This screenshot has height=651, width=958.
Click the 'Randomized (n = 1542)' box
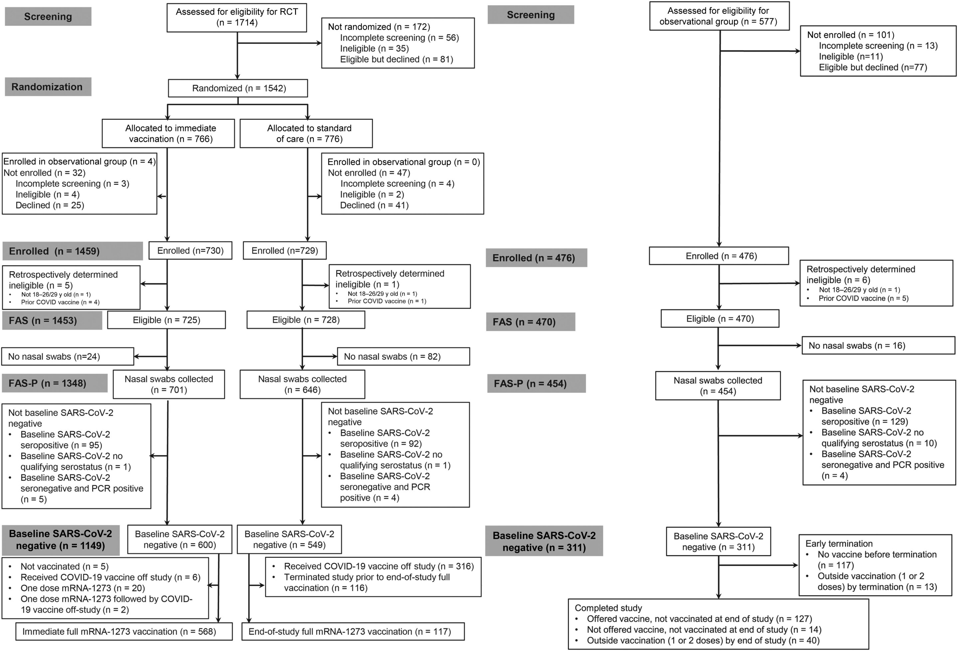[x=238, y=88]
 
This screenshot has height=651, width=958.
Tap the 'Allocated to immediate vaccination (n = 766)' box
[x=168, y=133]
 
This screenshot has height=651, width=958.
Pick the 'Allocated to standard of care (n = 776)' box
[x=306, y=133]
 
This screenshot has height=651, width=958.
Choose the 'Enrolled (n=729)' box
[x=285, y=250]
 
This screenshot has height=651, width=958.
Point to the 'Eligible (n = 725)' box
[x=167, y=320]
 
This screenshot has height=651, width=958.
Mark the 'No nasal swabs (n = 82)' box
[x=403, y=356]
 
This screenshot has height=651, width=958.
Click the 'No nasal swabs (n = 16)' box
[x=878, y=345]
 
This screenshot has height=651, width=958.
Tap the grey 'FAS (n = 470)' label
[x=531, y=322]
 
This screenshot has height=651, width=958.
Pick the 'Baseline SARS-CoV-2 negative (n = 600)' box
[x=180, y=539]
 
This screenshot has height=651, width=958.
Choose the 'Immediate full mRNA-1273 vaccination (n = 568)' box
[x=124, y=632]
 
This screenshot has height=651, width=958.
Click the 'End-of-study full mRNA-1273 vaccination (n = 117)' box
[x=353, y=632]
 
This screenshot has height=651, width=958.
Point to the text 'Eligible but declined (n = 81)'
[x=397, y=59]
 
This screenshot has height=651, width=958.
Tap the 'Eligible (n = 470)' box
[x=720, y=319]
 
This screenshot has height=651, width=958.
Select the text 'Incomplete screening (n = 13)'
[x=878, y=46]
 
